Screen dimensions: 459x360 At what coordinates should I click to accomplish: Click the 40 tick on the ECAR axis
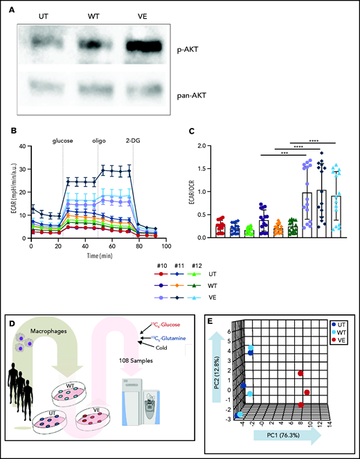click(x=22, y=146)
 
